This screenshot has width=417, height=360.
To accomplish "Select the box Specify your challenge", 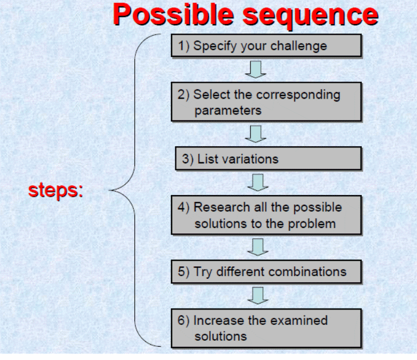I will (266, 46).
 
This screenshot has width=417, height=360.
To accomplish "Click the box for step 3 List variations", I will (269, 159).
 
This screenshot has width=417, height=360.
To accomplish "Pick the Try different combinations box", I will (266, 272).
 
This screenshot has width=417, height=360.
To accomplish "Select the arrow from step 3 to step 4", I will (257, 181).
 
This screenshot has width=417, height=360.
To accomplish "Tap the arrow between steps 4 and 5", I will (257, 246).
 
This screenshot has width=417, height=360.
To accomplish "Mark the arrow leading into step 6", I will (257, 295).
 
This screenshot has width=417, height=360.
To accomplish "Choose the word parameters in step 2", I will (227, 110).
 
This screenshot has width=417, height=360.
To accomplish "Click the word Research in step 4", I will (219, 207).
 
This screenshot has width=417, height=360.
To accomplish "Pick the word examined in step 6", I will (301, 321).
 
